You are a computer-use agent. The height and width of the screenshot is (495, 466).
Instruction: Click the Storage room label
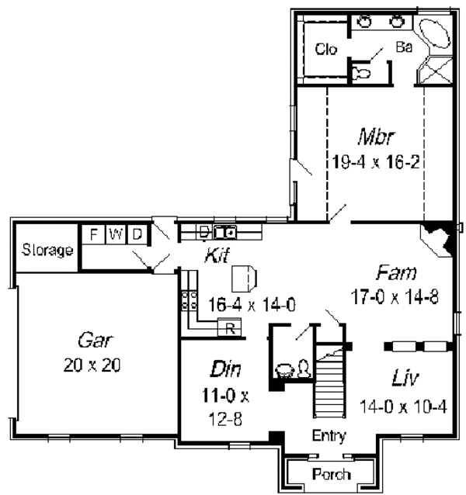tap(47, 251)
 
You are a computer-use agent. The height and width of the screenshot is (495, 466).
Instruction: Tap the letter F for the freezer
tap(94, 234)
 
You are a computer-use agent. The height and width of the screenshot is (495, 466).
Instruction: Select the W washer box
tap(114, 234)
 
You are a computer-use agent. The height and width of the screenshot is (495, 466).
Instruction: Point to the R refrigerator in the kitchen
tap(229, 327)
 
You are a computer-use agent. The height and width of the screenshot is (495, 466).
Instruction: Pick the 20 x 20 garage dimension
tap(92, 365)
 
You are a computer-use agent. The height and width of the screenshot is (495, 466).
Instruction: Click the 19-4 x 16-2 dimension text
tap(376, 163)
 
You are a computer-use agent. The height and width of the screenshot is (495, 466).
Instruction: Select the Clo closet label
tap(326, 50)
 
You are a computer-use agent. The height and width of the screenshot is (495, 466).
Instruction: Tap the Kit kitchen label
tap(217, 255)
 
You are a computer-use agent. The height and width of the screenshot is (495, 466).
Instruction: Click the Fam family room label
tap(397, 274)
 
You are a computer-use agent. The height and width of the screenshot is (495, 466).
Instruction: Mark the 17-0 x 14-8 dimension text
tap(395, 297)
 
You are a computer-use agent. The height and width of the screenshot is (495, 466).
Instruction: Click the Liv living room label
tap(404, 380)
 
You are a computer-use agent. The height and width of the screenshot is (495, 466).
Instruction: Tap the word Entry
tap(329, 436)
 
